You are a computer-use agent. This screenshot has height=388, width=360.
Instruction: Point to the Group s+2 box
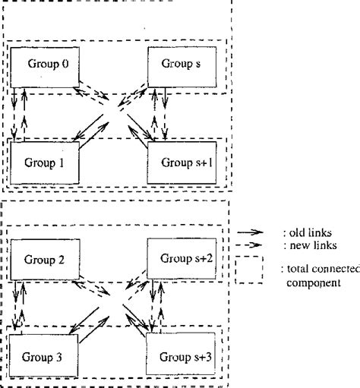point(183,260)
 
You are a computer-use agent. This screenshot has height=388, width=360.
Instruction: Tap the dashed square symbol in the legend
point(249,270)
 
